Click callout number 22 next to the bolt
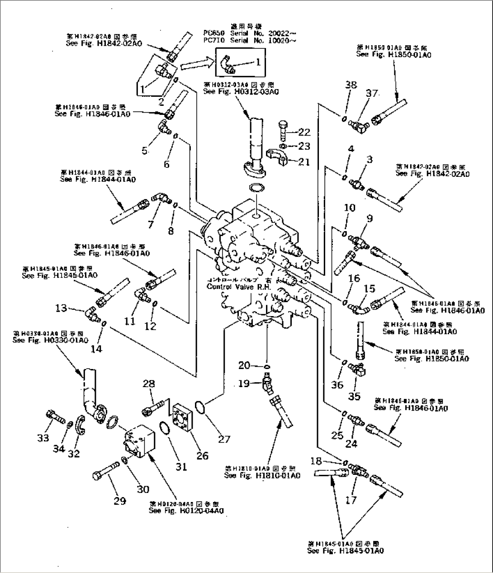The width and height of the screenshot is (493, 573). coord(304,132)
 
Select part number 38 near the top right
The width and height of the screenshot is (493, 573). coord(351,85)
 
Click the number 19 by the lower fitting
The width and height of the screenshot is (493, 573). coord(244,384)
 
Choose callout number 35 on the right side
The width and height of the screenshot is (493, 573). coord(356,396)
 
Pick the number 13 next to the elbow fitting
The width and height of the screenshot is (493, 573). coord(62,308)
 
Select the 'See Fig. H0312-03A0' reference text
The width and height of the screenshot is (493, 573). coord(241,92)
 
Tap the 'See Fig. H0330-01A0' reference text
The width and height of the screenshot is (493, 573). coord(50,340)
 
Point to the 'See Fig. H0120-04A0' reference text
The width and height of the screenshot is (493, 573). coord(186,511)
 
